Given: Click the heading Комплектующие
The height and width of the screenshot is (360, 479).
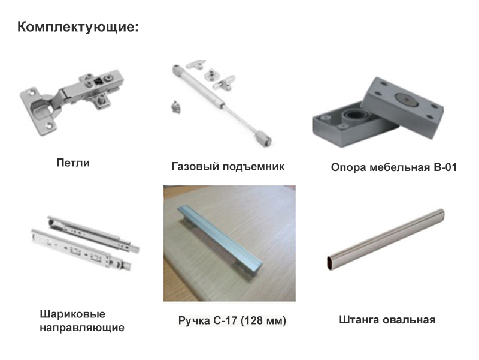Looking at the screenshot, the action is point(78,27).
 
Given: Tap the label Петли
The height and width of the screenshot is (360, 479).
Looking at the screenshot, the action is point(73,163).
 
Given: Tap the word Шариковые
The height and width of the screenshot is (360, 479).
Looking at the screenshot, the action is point(72,314).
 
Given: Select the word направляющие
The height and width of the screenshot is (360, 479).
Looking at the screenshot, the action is point(82,328).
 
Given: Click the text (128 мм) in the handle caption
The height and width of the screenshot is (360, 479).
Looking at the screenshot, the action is point(263,320).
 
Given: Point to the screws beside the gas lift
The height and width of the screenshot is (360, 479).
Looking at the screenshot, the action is point(175,107).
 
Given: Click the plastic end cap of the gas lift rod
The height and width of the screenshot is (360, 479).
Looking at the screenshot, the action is point(263,138).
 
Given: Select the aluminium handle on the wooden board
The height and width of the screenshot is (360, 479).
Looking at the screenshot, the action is point(219,239).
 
